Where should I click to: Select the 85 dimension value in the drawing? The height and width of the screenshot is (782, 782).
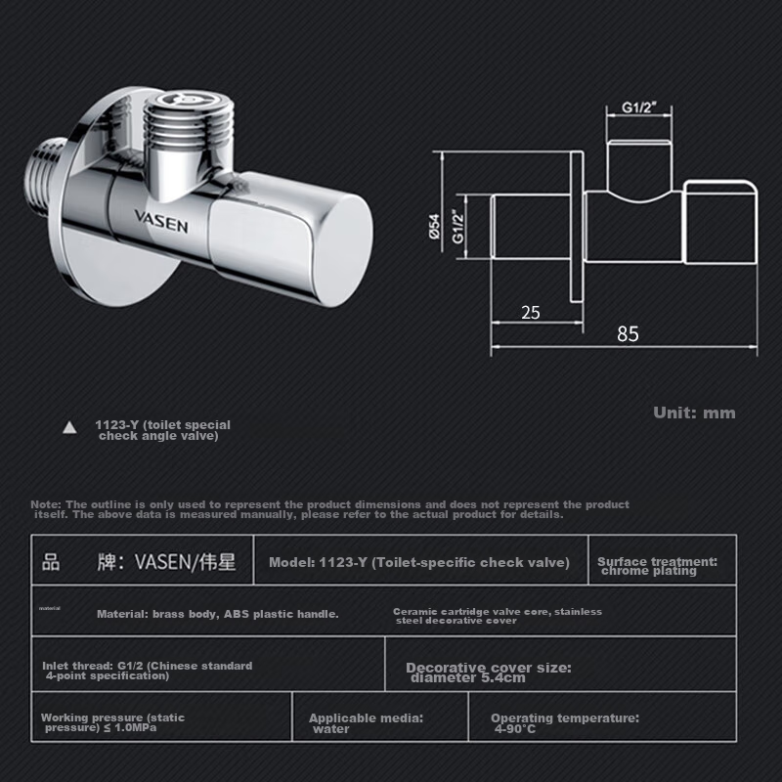628,333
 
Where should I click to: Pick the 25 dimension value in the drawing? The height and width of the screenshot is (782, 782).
531,313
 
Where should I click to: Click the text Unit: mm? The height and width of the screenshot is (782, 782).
694,413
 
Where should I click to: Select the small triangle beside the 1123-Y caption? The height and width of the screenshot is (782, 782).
69,427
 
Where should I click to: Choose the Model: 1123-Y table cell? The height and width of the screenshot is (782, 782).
418,562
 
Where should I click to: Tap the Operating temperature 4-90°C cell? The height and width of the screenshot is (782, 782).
564,723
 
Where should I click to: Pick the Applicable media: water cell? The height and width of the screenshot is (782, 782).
366,723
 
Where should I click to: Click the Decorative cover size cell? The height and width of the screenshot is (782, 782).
488,673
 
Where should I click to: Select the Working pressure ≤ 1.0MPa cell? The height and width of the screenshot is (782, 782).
112,722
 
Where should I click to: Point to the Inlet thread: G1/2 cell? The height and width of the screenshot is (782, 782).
147,671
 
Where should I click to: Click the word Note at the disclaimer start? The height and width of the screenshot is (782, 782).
45,504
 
